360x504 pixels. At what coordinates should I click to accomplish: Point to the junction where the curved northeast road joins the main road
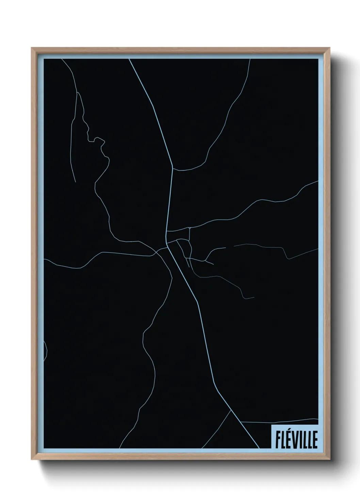(173, 169)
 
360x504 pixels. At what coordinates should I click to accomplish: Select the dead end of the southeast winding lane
(254, 297)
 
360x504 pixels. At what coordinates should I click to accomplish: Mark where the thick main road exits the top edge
(129, 59)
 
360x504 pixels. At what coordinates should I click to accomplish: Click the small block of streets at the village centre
(182, 243)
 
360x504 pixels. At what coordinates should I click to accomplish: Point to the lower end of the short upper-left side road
(75, 182)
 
